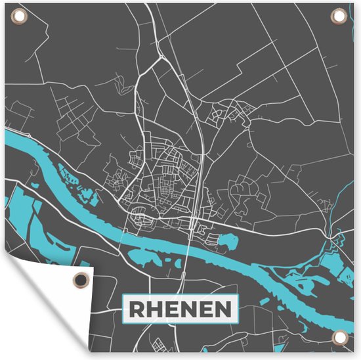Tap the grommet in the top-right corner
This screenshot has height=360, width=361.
(341, 17)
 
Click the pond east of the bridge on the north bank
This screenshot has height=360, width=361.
(225, 242)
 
